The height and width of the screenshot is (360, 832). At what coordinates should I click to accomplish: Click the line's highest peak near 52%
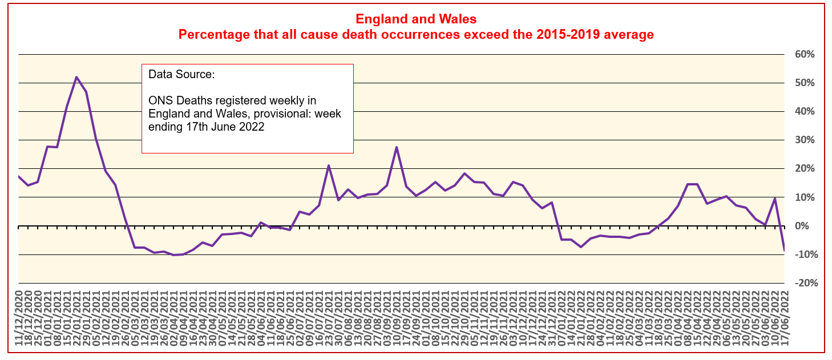click(x=76, y=77)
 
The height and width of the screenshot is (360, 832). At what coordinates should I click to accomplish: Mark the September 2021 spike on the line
click(x=397, y=147)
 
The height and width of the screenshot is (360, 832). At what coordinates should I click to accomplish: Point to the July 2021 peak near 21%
click(x=329, y=165)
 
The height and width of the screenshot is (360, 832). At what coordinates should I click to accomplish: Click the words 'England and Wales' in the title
click(x=415, y=19)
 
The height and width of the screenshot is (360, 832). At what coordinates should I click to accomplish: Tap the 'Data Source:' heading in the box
click(x=181, y=75)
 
